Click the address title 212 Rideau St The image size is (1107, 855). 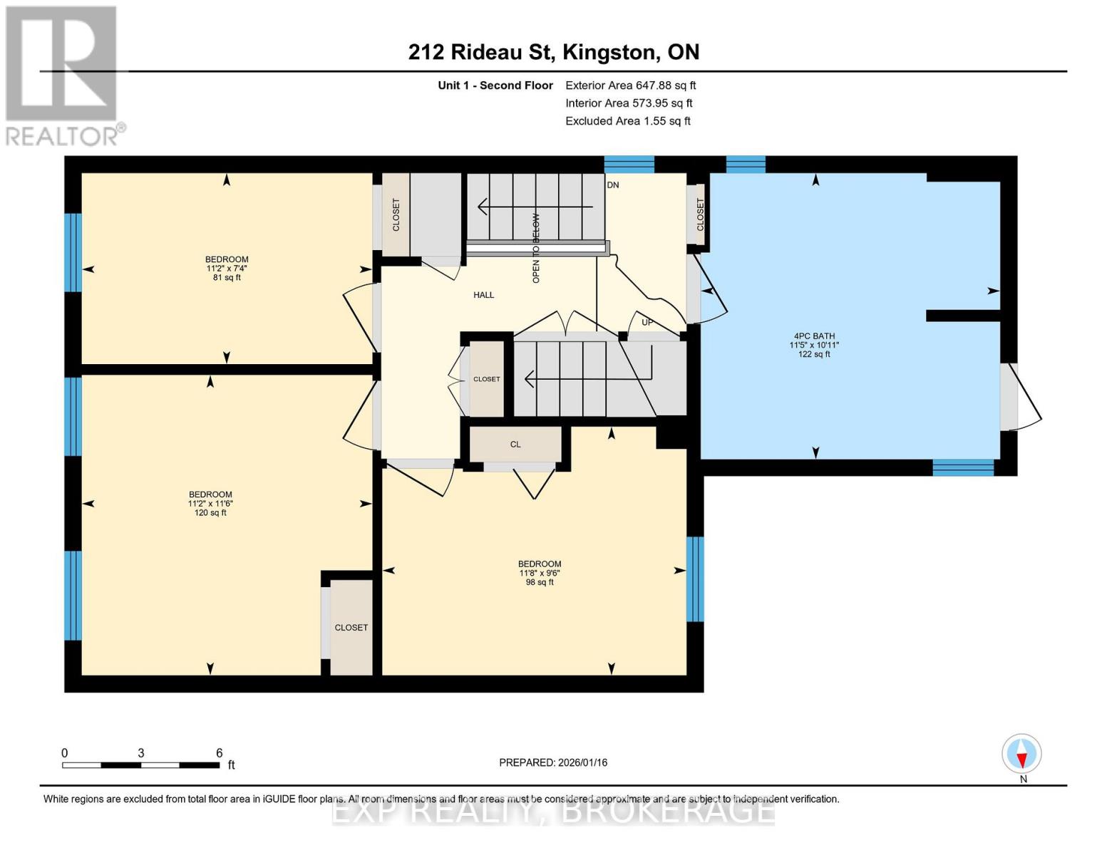(x=553, y=52)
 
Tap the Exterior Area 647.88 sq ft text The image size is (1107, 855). (x=630, y=85)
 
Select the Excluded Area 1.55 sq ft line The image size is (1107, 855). (x=627, y=121)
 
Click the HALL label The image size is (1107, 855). (x=483, y=295)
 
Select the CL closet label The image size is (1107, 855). (x=515, y=445)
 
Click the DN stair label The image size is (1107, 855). (x=612, y=185)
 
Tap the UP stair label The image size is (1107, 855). (x=647, y=323)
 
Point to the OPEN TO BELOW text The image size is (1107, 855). (x=536, y=248)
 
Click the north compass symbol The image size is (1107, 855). (x=1021, y=754)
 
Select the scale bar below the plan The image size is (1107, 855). (x=140, y=765)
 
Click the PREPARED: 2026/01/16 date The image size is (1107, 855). (x=553, y=762)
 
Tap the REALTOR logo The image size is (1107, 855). (x=63, y=76)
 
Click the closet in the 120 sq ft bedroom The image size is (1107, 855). (x=351, y=627)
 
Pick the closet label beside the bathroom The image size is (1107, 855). (x=700, y=214)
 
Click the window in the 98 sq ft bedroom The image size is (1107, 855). (x=695, y=579)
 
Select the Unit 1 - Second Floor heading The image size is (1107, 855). (x=495, y=85)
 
